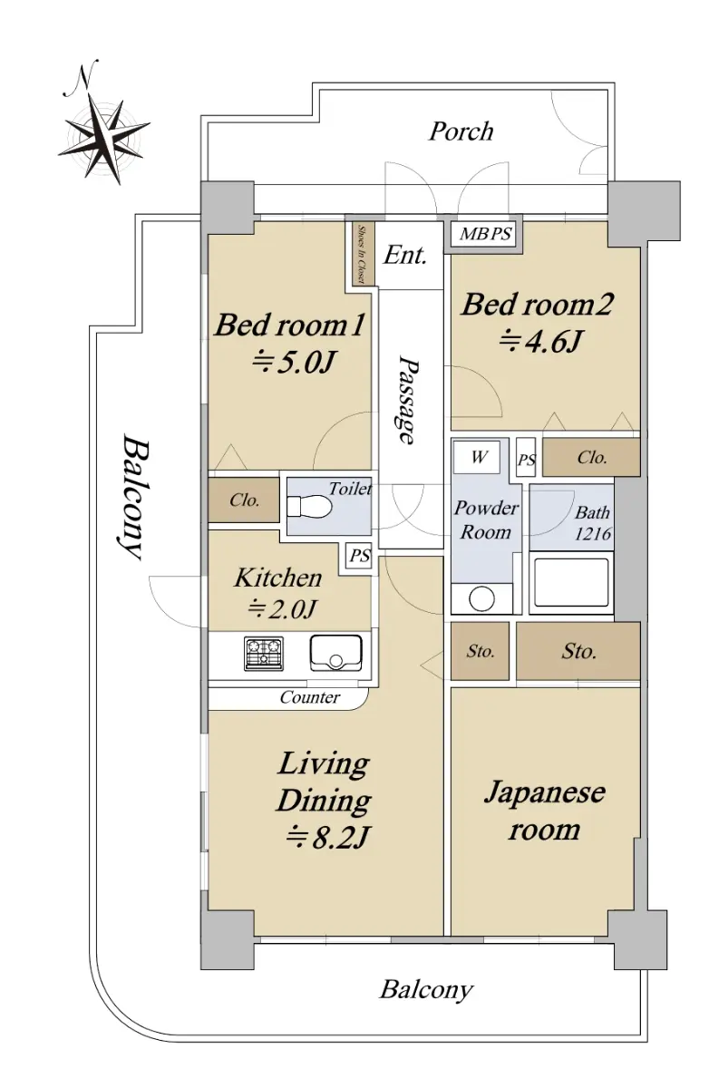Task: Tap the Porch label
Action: pyautogui.click(x=461, y=131)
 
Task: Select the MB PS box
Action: pyautogui.click(x=485, y=233)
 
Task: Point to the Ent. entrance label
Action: pyautogui.click(x=405, y=255)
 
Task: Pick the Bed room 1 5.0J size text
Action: pyautogui.click(x=293, y=363)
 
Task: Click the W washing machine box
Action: pyautogui.click(x=476, y=457)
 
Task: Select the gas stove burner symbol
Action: pyautogui.click(x=264, y=654)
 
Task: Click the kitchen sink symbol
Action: pyautogui.click(x=335, y=652)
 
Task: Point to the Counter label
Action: pyautogui.click(x=309, y=697)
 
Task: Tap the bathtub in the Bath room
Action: pyautogui.click(x=571, y=583)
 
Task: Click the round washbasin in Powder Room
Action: pyautogui.click(x=481, y=598)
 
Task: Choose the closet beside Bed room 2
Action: pyautogui.click(x=590, y=457)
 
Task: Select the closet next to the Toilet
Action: pyautogui.click(x=243, y=500)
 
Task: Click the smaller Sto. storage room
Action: pyautogui.click(x=480, y=651)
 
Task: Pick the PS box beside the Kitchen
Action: pyautogui.click(x=359, y=556)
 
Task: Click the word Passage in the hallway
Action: pyautogui.click(x=408, y=400)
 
